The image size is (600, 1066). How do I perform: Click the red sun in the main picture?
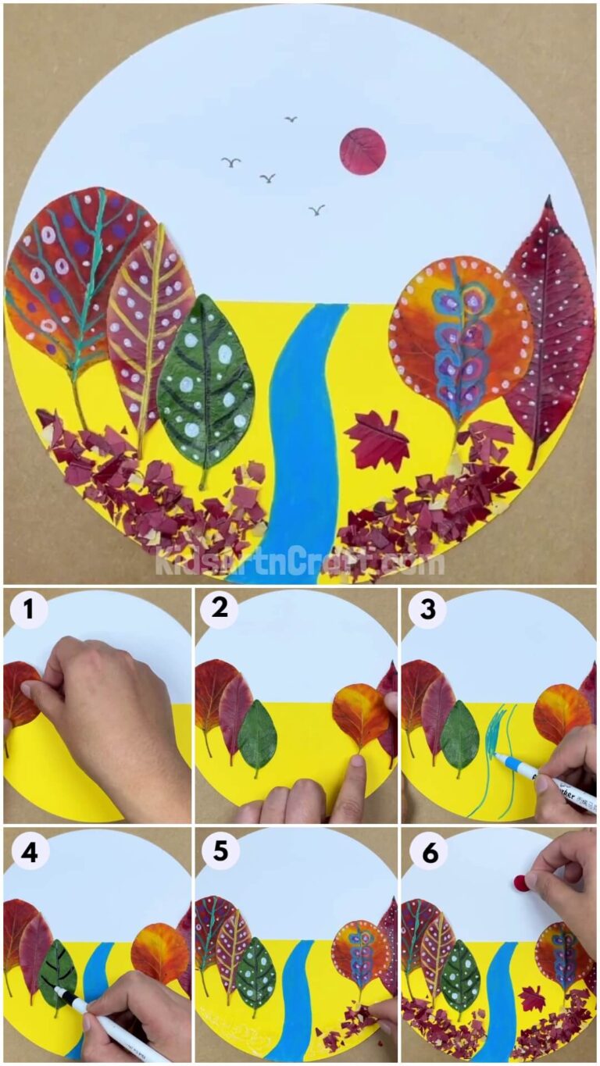[362, 151]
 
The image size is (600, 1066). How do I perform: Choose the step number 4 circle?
[28, 852]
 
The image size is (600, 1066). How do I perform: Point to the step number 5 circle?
[220, 852]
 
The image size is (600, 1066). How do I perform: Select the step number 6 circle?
[427, 852]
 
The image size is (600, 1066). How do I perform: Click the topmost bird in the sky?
[291, 119]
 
